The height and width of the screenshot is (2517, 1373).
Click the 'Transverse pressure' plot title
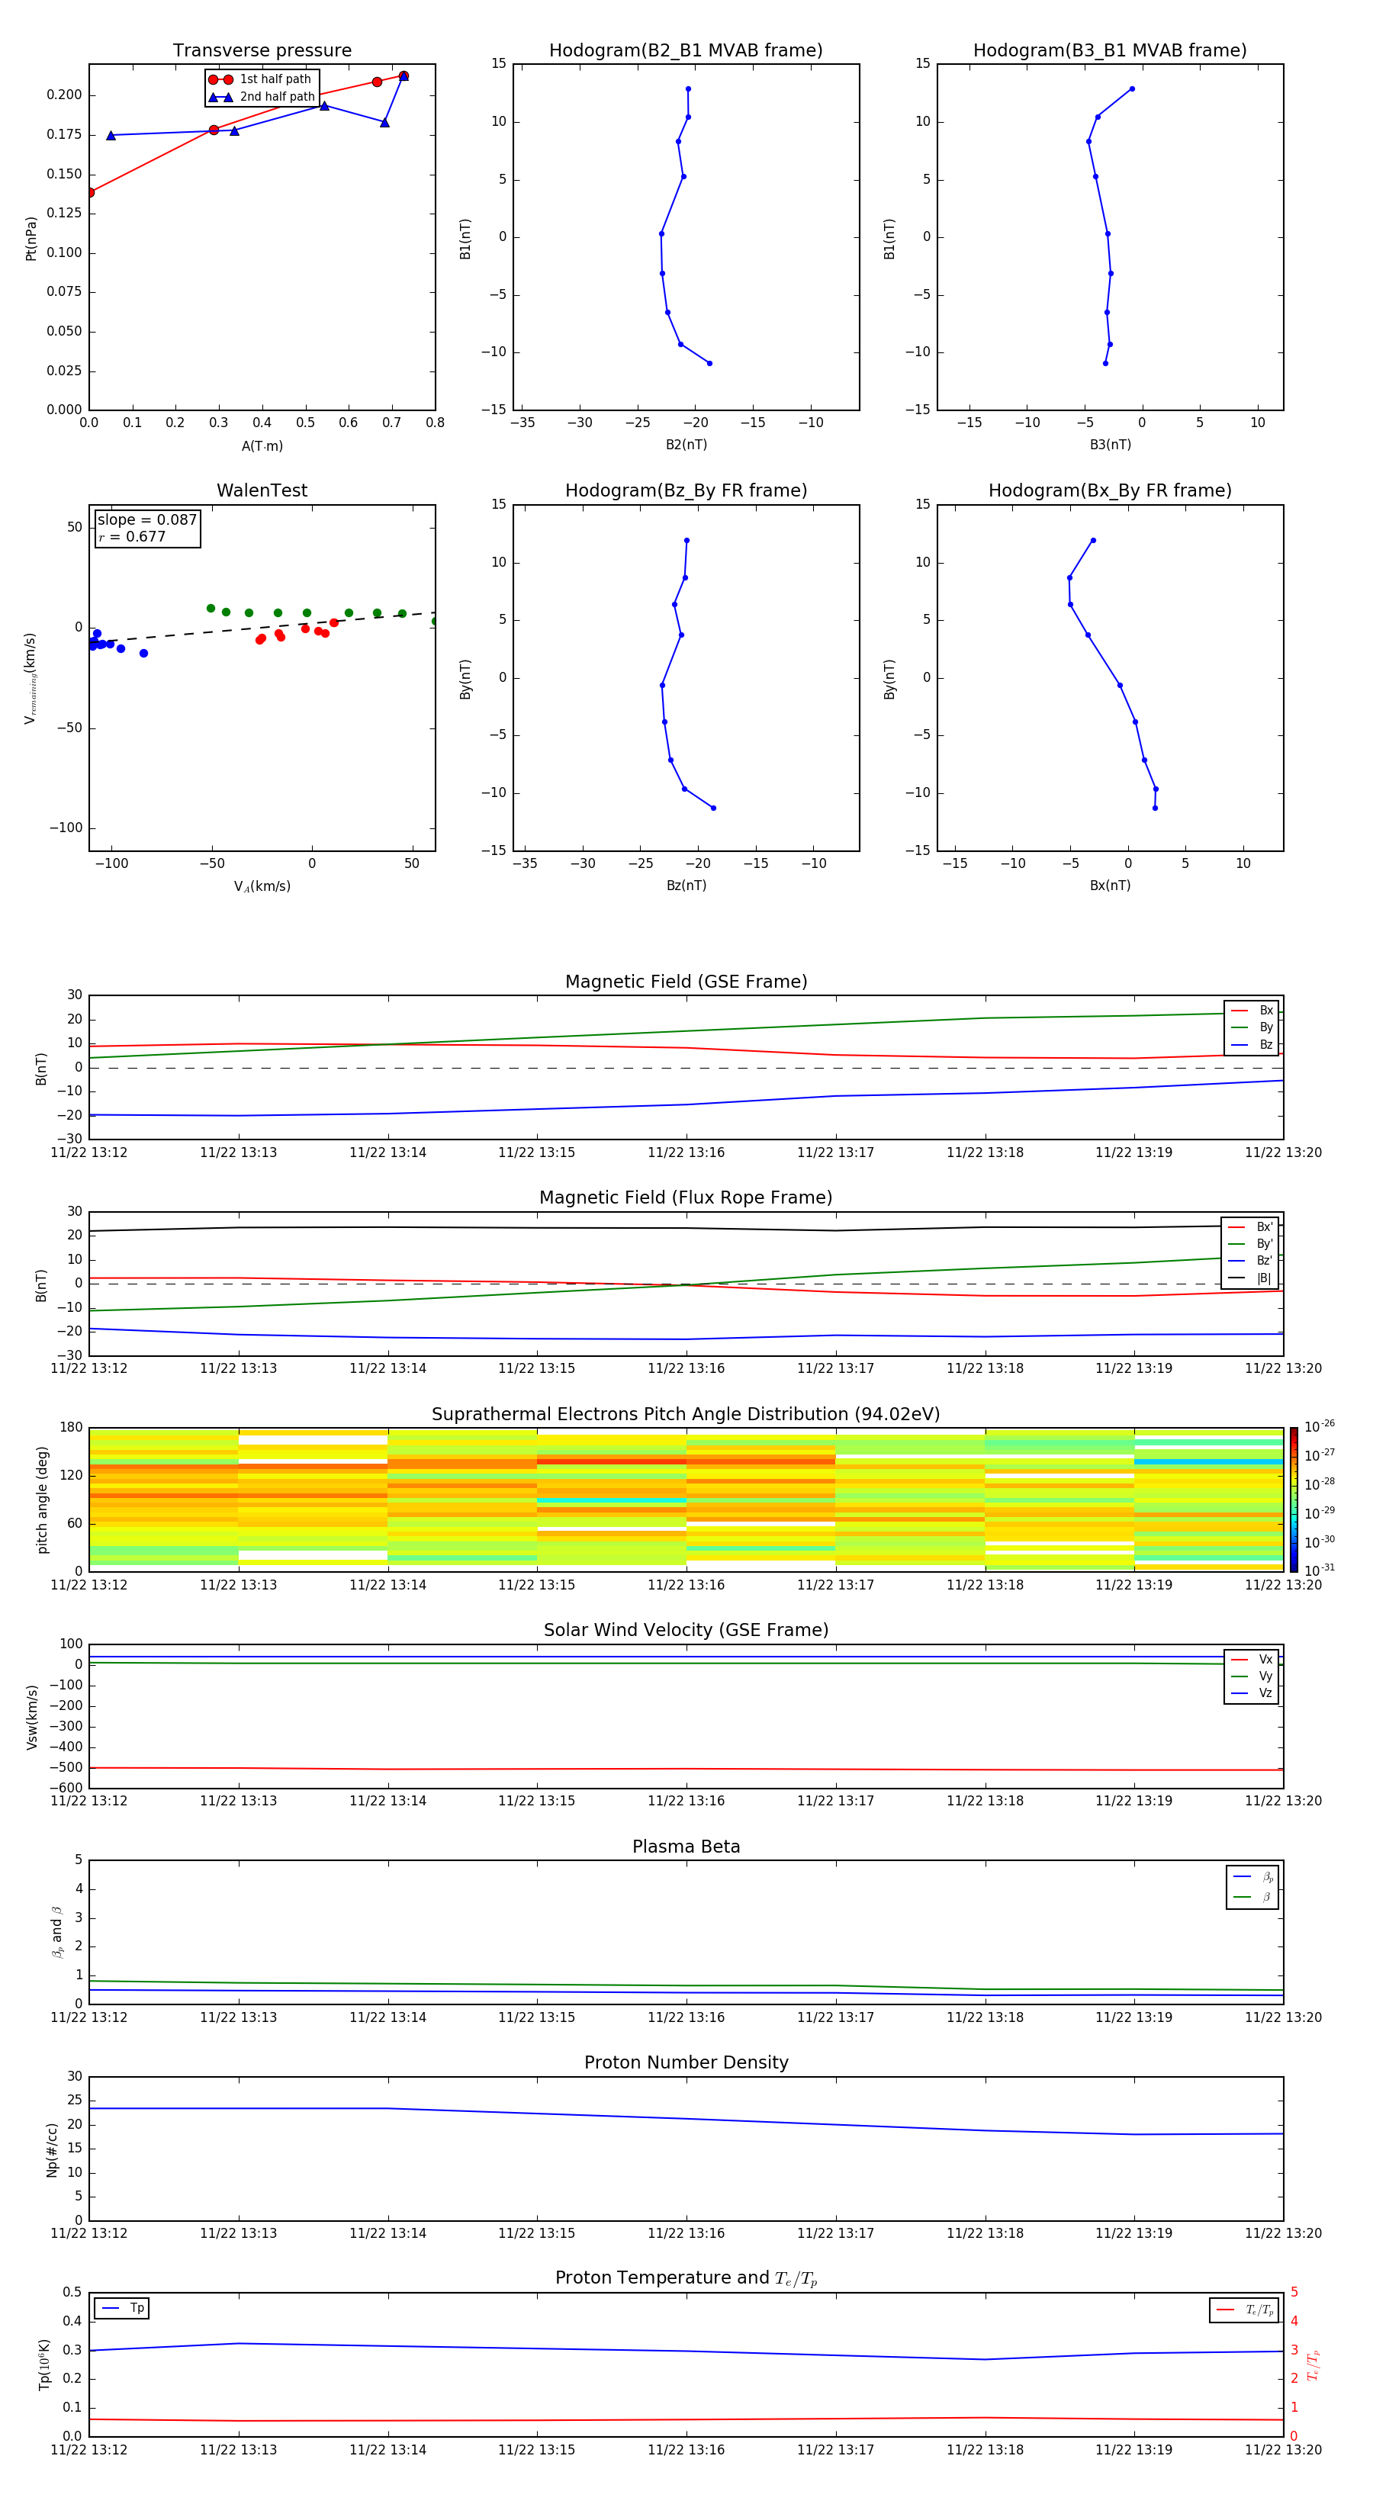click(262, 51)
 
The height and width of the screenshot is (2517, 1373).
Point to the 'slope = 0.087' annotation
click(146, 520)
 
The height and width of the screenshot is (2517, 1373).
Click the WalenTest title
click(262, 490)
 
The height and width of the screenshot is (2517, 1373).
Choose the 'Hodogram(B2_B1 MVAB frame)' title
click(685, 51)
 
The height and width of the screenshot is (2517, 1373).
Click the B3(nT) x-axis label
click(1110, 445)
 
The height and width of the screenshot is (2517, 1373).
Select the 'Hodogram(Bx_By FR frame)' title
click(1109, 490)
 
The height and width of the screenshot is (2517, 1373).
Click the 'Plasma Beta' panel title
click(685, 1847)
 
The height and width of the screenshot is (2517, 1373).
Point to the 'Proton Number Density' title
click(685, 2062)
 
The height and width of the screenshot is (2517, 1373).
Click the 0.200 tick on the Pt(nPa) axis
click(65, 95)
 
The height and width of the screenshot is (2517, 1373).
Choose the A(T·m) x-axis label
click(262, 446)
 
